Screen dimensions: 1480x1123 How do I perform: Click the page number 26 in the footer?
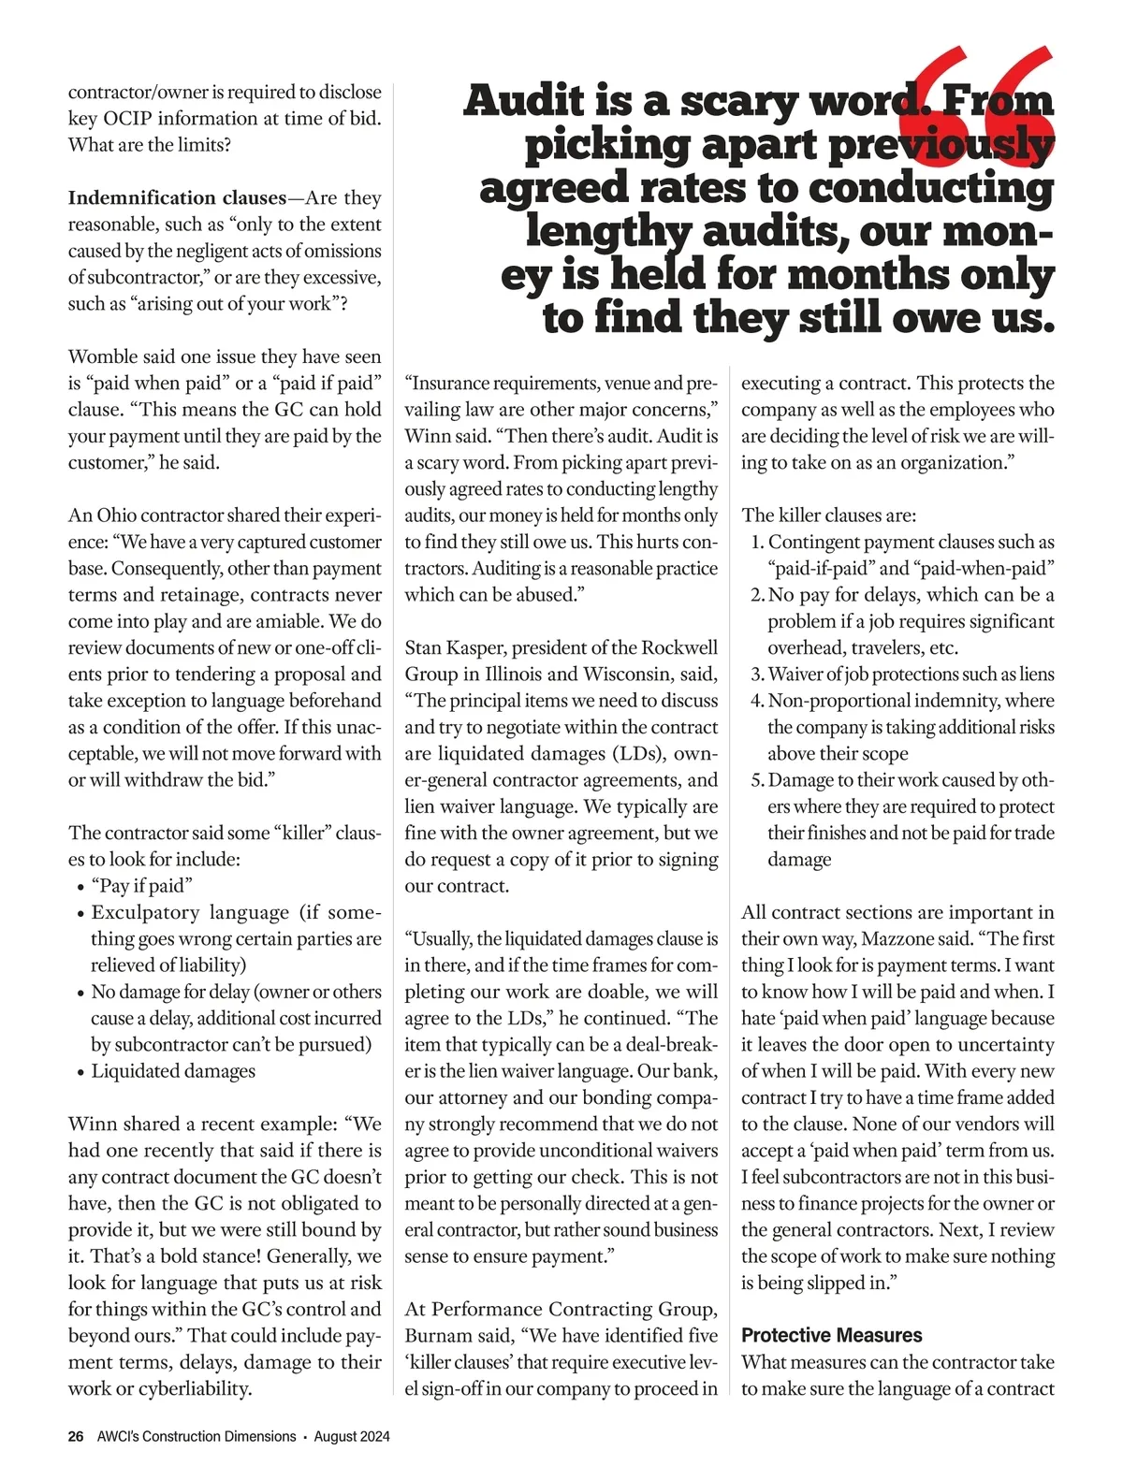click(76, 1436)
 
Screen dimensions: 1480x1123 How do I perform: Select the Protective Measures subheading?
click(831, 1335)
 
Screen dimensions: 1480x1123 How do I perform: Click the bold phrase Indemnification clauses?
click(177, 198)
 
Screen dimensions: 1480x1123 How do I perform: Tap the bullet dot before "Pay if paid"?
click(79, 887)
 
